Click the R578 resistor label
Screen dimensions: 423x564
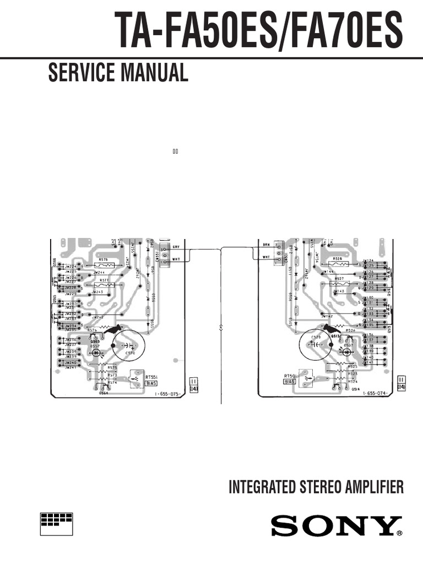pos(103,259)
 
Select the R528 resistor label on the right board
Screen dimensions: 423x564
pos(338,258)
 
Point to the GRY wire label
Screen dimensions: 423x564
pos(176,246)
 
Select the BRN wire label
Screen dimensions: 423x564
pos(266,243)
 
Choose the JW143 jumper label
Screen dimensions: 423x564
pos(338,291)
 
